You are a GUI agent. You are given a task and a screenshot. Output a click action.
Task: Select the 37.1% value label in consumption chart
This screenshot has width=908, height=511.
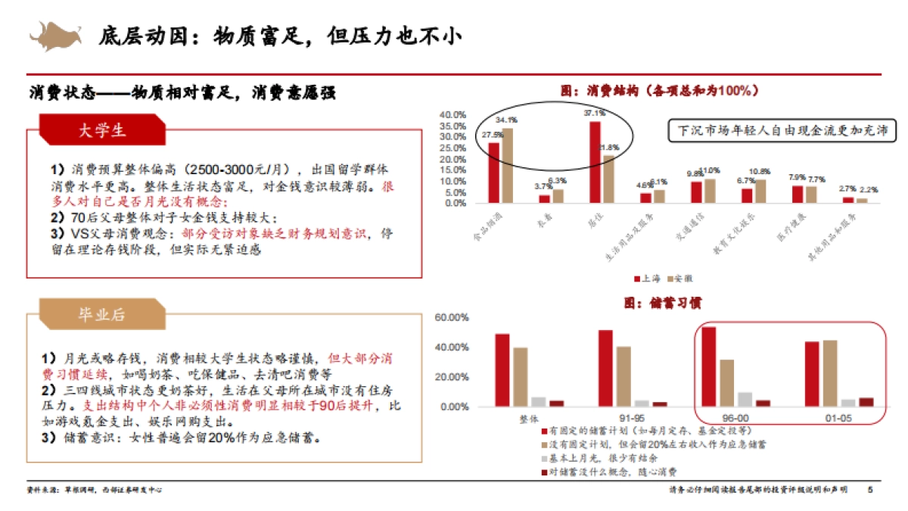click(x=594, y=113)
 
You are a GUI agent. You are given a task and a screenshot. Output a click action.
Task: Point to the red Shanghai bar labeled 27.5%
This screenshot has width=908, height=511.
click(x=494, y=173)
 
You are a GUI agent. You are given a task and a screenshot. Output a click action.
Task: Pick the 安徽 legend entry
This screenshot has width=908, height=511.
click(x=679, y=279)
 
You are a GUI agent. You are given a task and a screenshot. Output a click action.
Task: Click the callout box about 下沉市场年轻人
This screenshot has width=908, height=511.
click(x=782, y=129)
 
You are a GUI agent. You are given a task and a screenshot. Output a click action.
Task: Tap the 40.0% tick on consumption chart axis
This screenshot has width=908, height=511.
click(x=453, y=115)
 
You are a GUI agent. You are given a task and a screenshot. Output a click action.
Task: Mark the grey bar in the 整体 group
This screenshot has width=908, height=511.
click(x=538, y=402)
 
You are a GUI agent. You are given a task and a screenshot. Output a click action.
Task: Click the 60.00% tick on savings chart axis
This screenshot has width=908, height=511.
click(x=451, y=318)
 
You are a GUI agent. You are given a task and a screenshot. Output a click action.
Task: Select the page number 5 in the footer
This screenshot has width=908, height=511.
click(x=869, y=490)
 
